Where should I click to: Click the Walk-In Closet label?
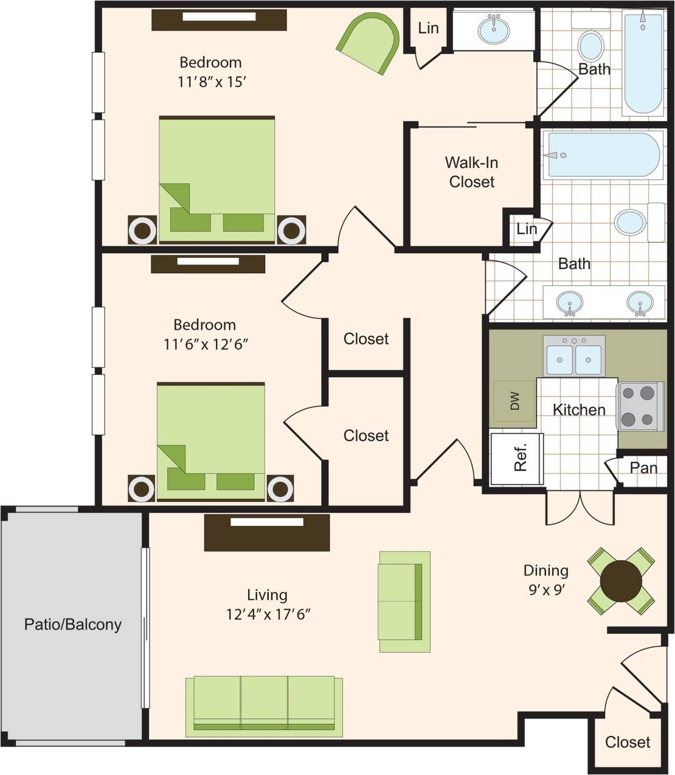[471, 172]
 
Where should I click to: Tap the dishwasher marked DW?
[514, 401]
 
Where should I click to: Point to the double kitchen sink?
[573, 358]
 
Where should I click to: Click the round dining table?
[621, 580]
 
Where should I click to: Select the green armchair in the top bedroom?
[369, 44]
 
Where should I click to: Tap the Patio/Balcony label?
[72, 624]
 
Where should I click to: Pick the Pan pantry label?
[643, 467]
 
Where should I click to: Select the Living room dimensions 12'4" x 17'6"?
[268, 614]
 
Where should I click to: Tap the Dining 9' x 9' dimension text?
[545, 589]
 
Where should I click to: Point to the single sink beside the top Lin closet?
[494, 29]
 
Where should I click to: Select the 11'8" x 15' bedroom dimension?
[211, 82]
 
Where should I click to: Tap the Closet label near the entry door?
[627, 742]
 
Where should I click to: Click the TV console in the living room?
[266, 532]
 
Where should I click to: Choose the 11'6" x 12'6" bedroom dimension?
[206, 344]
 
